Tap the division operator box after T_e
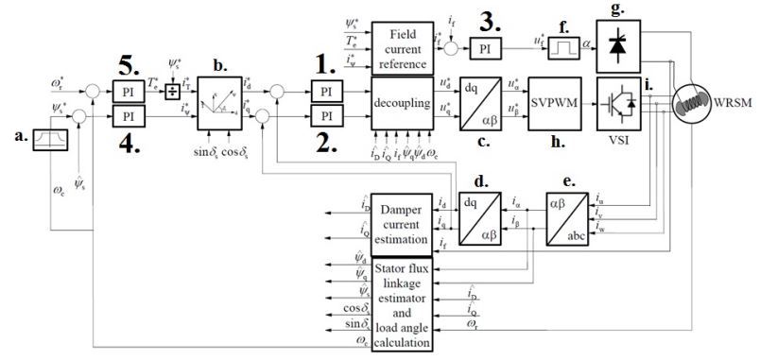point(173,92)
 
